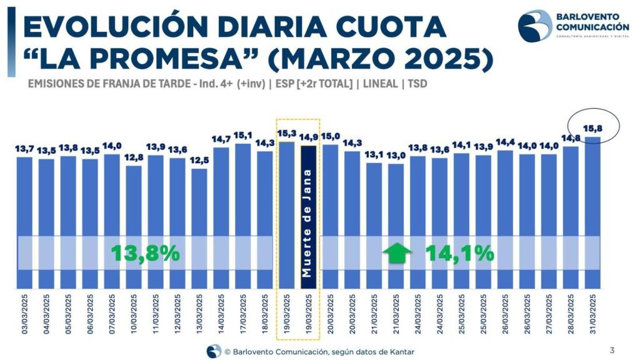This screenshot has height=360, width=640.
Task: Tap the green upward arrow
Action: click(397, 253)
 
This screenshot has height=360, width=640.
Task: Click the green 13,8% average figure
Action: click(146, 253)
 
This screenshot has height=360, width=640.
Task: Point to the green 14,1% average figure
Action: click(460, 253)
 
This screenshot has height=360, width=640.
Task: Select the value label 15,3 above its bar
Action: click(287, 134)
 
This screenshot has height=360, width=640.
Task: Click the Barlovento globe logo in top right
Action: click(535, 26)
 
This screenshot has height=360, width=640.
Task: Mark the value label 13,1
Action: click(374, 155)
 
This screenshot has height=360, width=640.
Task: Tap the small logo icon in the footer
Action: click(214, 351)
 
